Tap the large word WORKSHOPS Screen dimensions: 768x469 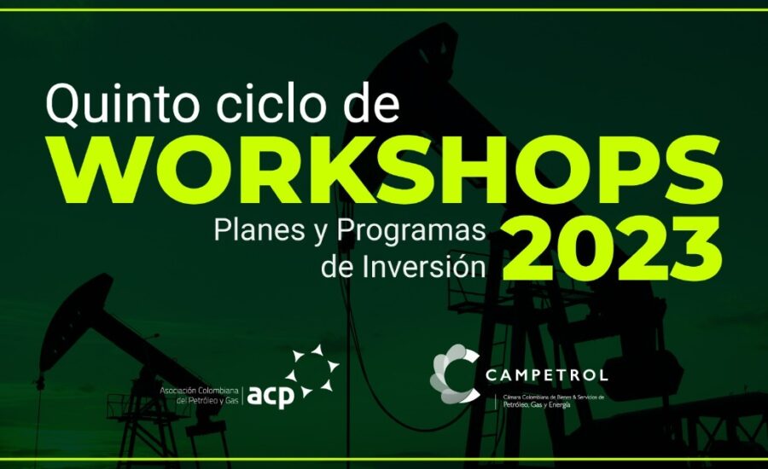(x=389, y=171)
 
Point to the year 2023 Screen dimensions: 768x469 (x=611, y=249)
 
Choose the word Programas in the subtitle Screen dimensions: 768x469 (x=411, y=232)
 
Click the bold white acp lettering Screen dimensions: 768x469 (x=271, y=396)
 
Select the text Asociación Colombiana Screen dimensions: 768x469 (x=199, y=391)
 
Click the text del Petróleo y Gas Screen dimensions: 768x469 (x=207, y=401)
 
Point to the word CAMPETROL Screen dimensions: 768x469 (x=547, y=375)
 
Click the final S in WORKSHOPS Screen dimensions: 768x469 (x=694, y=171)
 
